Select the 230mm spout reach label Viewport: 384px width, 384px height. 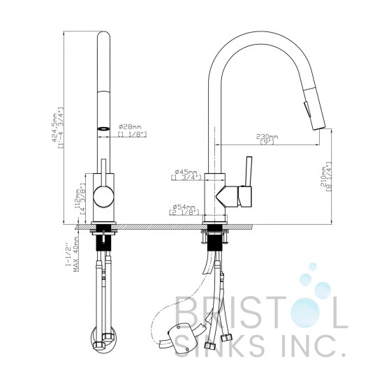267,135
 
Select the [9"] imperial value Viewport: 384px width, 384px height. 267,142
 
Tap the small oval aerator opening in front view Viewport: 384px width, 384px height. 103,129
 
